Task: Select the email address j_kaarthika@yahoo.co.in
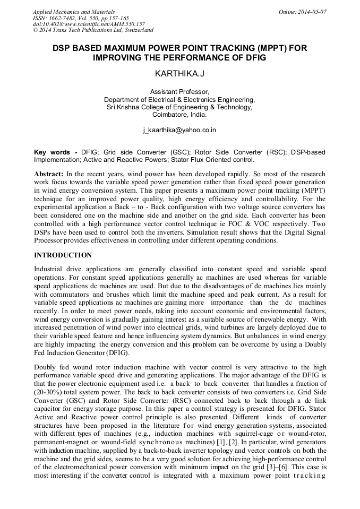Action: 179,130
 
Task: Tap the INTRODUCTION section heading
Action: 63,255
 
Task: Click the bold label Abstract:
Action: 50,174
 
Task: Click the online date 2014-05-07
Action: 313,12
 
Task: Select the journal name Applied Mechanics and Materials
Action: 73,12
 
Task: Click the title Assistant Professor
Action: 179,91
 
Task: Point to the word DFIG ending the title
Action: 254,57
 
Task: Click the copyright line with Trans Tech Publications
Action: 93,30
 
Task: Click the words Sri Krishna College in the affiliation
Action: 139,107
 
